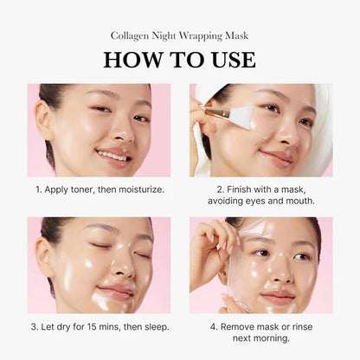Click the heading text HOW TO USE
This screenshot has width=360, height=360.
(x=179, y=60)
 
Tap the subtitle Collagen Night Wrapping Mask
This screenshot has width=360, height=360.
(x=179, y=35)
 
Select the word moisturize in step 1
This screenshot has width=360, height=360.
(x=138, y=188)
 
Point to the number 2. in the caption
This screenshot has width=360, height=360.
(x=220, y=188)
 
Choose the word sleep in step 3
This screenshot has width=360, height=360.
(x=151, y=326)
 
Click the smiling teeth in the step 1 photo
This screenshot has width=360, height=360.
(x=112, y=155)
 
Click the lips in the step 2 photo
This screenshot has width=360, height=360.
(x=274, y=156)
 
